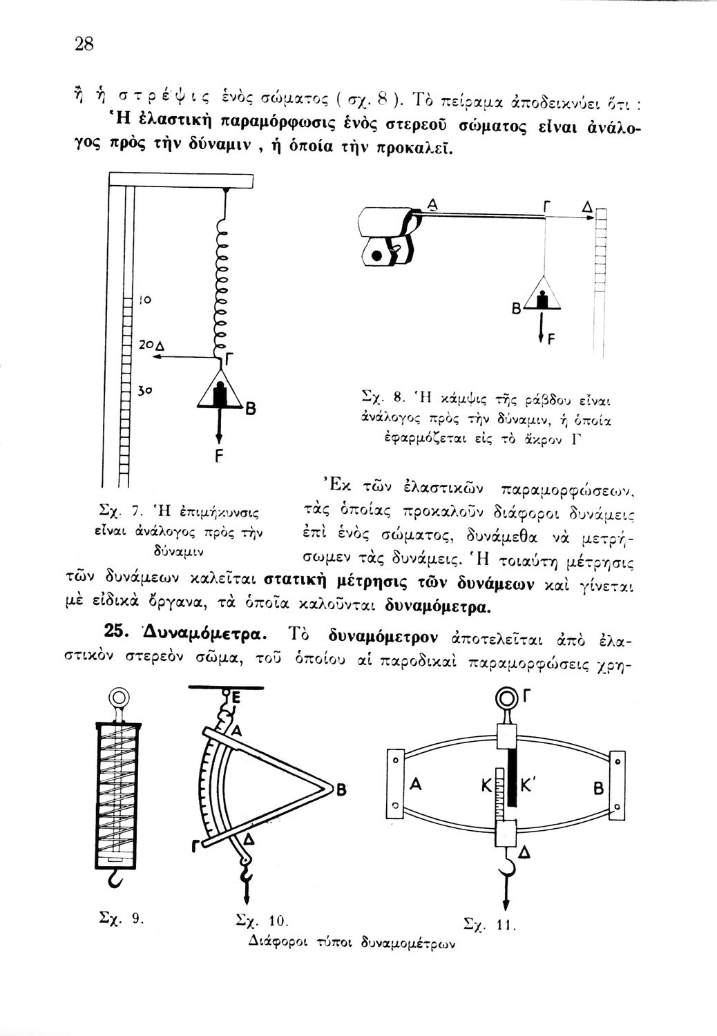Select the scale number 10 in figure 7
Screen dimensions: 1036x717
coord(144,300)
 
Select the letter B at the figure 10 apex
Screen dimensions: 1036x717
coord(340,792)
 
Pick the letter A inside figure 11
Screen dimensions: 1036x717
coord(416,785)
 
